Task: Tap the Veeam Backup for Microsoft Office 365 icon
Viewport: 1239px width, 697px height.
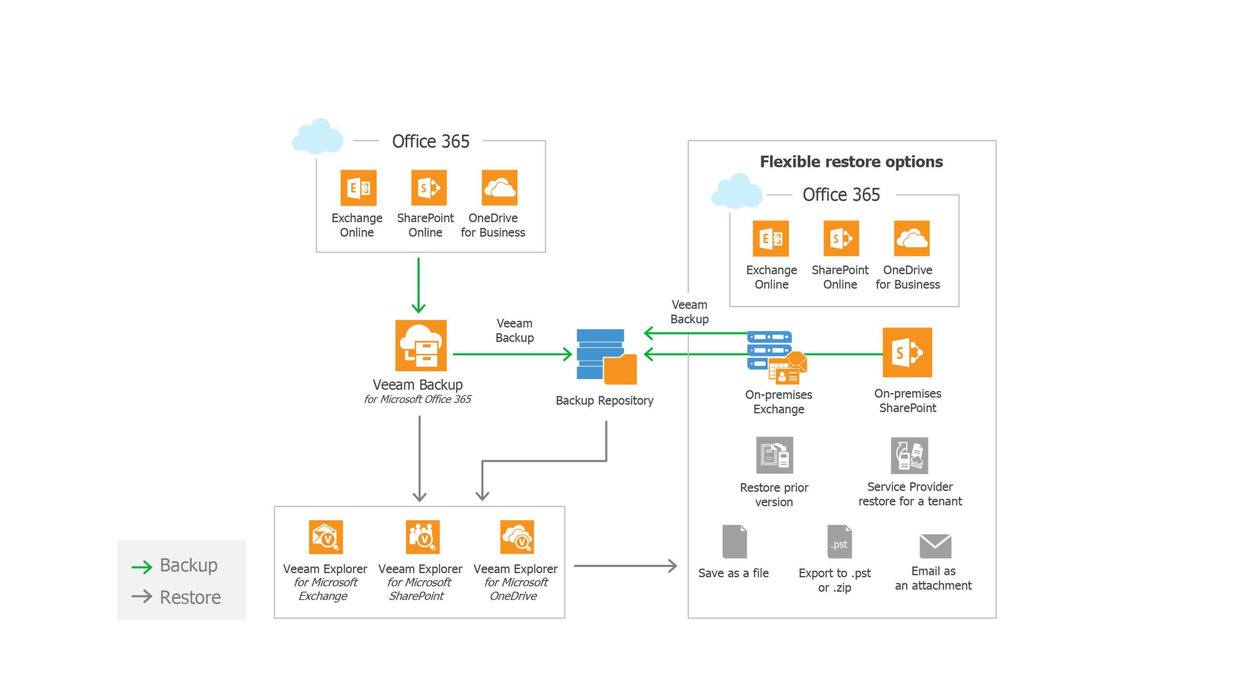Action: point(421,345)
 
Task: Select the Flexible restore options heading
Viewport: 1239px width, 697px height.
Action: point(851,162)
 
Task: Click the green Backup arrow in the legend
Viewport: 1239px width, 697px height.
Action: point(142,567)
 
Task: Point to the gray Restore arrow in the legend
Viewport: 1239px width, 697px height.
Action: point(142,596)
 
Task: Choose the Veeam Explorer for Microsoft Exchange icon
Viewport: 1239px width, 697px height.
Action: point(326,537)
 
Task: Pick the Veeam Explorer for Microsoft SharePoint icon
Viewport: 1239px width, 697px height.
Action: point(423,537)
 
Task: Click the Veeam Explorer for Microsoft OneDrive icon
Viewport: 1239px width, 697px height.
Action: point(517,537)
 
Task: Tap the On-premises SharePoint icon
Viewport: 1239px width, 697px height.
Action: point(907,352)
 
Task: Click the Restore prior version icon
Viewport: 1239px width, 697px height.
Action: point(774,455)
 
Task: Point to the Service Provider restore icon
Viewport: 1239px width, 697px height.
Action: point(909,455)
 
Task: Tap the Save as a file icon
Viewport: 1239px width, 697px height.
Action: point(734,542)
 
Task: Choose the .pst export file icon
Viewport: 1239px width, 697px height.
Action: point(839,542)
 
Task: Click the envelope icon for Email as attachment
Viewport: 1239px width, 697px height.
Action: point(935,546)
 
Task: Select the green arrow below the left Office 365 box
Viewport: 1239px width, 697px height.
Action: point(419,285)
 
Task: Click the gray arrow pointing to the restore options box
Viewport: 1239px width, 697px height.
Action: point(625,565)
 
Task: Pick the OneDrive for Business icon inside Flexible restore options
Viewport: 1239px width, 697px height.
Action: point(911,238)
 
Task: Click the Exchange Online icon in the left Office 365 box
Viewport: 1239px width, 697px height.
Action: point(358,188)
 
